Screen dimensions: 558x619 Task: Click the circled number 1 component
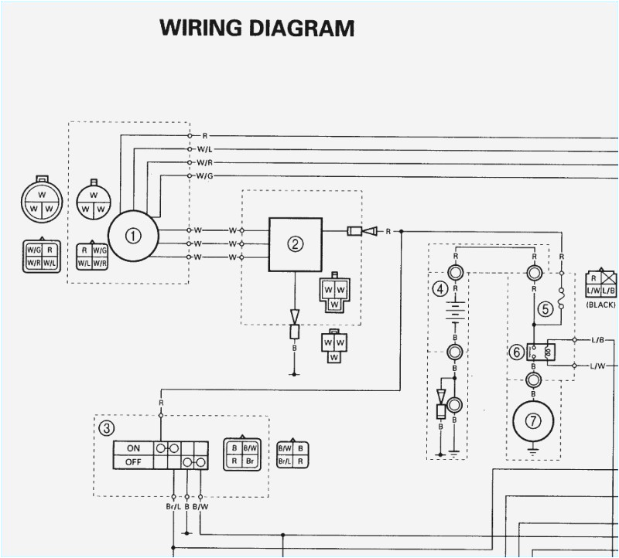click(x=133, y=236)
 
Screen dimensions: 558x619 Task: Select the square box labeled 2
click(x=295, y=244)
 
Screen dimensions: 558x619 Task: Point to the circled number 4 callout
click(x=440, y=289)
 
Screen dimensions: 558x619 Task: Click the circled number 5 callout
click(x=545, y=310)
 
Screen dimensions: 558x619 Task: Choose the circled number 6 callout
click(x=516, y=352)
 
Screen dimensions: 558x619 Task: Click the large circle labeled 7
click(x=533, y=421)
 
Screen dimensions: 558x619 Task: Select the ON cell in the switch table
click(x=133, y=447)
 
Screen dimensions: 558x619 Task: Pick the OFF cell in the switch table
click(x=133, y=462)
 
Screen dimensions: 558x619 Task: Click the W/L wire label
click(x=205, y=149)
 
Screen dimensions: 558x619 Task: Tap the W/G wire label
click(x=205, y=176)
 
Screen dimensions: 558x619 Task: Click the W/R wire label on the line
click(x=205, y=163)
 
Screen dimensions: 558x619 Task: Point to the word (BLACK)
click(x=600, y=305)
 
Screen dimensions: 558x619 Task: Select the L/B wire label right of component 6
click(x=598, y=340)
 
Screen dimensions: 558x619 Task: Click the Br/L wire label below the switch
click(x=172, y=507)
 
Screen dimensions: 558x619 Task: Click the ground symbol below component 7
click(x=533, y=447)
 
